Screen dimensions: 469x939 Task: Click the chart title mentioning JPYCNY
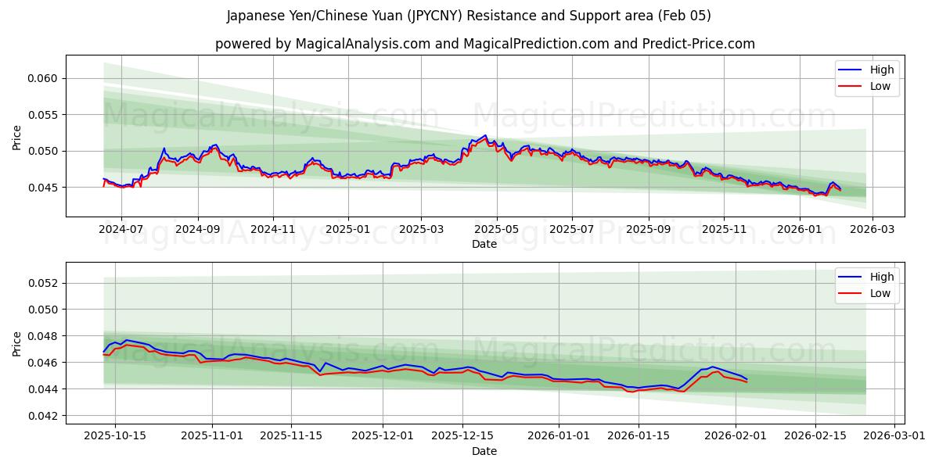coord(469,16)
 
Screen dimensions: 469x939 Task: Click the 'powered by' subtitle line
coord(485,44)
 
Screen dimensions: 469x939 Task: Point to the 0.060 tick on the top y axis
coord(45,78)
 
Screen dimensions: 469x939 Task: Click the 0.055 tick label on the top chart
coord(45,115)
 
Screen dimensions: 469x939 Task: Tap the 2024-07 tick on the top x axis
coord(121,230)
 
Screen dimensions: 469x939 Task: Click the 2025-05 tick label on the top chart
coord(496,230)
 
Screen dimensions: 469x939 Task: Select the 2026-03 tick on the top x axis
coord(872,230)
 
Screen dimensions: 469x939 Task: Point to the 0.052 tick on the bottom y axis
coord(45,283)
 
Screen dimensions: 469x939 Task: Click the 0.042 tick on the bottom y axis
coord(45,416)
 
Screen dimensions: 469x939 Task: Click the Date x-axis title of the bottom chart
coord(484,451)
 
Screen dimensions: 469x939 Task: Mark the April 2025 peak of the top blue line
coord(485,135)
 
